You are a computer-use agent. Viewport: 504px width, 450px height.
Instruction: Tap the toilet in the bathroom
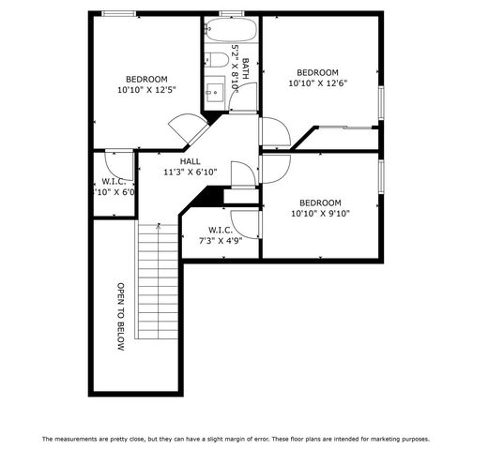215,61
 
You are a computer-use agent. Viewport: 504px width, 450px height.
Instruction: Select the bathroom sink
214,91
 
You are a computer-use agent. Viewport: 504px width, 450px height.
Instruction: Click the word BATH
245,67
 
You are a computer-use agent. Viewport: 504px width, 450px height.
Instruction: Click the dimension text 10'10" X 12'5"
147,90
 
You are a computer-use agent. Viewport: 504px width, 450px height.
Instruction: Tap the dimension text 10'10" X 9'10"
319,214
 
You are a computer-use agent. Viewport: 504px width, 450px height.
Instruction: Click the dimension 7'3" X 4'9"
220,241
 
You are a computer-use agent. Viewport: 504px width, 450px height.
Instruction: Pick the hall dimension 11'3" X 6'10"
190,172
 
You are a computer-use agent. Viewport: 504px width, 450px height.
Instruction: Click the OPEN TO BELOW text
120,317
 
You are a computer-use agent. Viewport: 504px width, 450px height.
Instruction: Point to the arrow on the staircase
158,226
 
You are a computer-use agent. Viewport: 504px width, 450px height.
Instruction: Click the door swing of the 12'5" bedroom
184,130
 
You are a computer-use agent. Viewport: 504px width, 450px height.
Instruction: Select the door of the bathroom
241,102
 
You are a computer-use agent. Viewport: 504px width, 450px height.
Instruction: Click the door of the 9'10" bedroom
275,169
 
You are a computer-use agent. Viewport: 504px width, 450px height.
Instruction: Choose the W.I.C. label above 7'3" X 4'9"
220,230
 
